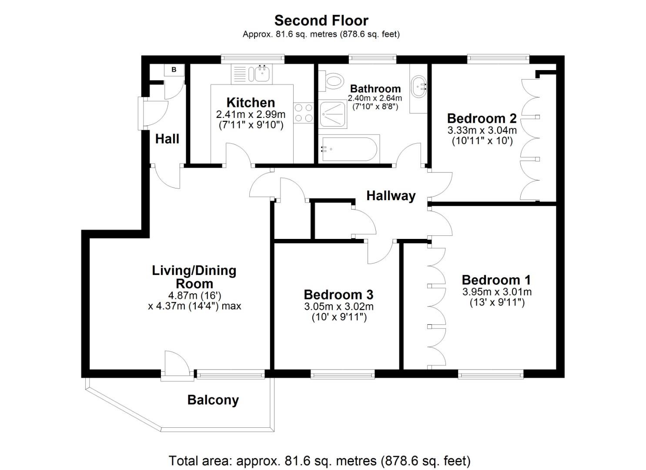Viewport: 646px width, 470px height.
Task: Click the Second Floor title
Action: pos(321,20)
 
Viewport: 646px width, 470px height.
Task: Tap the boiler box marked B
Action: pos(174,70)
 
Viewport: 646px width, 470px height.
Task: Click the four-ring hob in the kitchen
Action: pos(303,112)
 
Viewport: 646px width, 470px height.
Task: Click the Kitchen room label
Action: pos(251,103)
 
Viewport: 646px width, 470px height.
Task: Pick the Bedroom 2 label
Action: pos(482,118)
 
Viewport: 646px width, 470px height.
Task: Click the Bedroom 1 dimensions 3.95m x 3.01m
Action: pos(496,292)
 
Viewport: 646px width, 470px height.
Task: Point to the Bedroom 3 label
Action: pos(338,295)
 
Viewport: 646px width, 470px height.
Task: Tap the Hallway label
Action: pos(391,196)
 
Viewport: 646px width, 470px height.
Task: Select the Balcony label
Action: pos(213,400)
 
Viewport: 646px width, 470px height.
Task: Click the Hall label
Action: pos(167,139)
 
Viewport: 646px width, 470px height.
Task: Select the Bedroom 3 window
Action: pos(342,374)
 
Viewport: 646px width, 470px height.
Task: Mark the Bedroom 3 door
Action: pos(379,252)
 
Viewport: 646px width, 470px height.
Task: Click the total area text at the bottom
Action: pos(319,460)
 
